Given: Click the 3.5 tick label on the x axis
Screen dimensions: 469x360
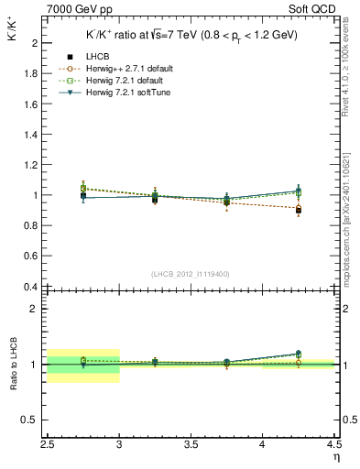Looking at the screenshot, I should (191, 445).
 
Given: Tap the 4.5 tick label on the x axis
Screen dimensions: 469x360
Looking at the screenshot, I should (333, 445).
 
